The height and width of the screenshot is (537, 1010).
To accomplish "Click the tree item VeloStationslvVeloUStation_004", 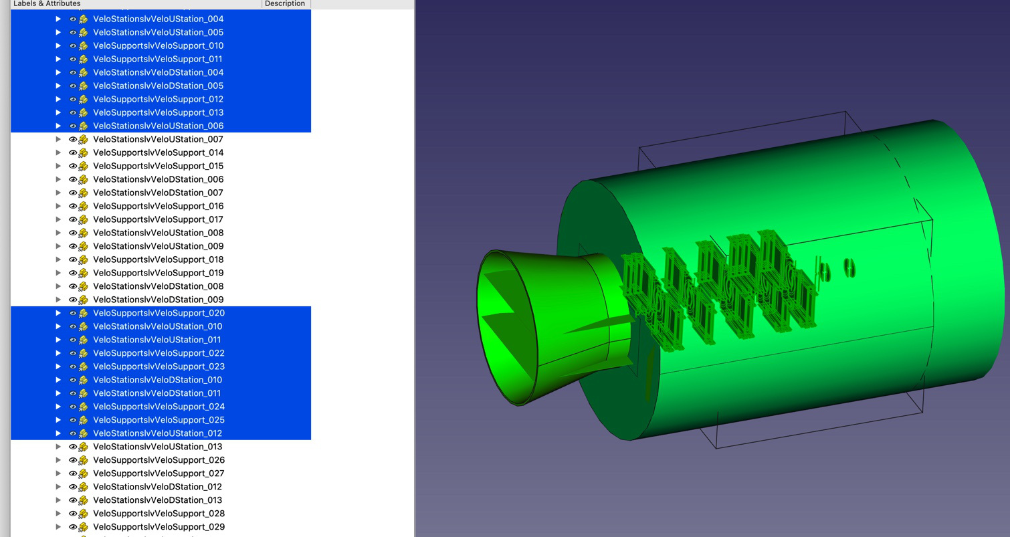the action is [x=158, y=19].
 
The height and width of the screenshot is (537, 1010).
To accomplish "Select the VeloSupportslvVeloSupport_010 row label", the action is [x=158, y=45].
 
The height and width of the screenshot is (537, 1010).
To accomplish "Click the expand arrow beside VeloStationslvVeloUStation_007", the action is [x=58, y=139].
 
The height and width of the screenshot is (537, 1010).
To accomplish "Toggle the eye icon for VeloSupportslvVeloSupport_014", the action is [x=73, y=153].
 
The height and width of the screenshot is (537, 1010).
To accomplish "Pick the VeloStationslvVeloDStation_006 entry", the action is [x=158, y=179].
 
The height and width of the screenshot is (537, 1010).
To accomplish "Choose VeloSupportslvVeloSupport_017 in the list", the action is [x=158, y=219].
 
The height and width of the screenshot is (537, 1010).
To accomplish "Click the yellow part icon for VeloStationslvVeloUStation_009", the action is [x=84, y=246].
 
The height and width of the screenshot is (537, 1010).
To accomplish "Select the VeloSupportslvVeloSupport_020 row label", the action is [x=159, y=313].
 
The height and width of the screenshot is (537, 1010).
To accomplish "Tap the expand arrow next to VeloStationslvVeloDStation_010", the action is [x=58, y=380].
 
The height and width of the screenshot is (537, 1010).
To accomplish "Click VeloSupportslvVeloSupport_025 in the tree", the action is [x=159, y=420].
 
